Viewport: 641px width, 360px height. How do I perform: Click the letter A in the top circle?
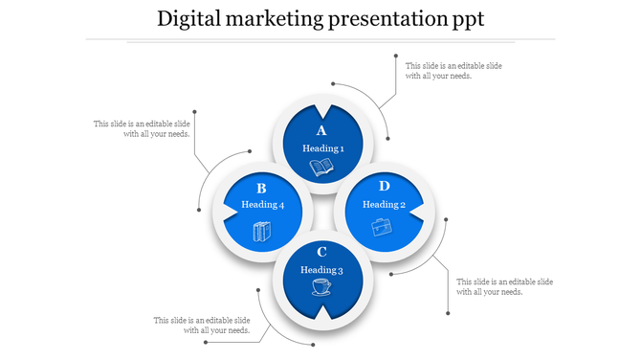pos(321,131)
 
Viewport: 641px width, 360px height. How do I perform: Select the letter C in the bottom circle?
pos(321,252)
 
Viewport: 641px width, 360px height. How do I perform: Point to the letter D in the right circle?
pos(384,186)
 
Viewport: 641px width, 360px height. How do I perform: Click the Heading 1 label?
pos(322,148)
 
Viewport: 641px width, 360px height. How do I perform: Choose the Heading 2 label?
pos(384,204)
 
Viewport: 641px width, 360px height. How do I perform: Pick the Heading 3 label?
pos(321,269)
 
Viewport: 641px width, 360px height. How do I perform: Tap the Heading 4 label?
pos(262,205)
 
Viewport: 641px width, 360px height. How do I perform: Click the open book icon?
pos(321,169)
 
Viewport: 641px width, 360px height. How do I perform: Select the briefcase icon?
pos(382,227)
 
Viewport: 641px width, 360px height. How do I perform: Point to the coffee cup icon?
pos(321,287)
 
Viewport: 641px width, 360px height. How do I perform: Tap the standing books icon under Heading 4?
pos(261,231)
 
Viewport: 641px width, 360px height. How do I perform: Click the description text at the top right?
pos(453,71)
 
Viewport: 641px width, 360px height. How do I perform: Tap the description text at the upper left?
pos(142,128)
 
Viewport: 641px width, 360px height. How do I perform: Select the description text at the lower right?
pos(504,286)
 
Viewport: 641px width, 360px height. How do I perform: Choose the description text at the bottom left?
pos(202,325)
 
